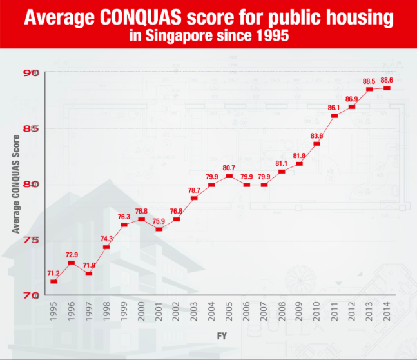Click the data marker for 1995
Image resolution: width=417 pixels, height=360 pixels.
53,281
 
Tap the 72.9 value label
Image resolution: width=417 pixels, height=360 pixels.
71,255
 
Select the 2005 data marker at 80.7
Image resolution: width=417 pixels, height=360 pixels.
229,176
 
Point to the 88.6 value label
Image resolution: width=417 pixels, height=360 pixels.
387,81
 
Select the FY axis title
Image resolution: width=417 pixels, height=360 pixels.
220,337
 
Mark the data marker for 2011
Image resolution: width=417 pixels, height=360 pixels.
335,116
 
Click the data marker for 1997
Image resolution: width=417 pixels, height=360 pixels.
88,274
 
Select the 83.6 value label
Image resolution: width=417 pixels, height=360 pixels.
316,135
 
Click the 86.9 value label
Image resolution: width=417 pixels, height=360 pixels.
352,99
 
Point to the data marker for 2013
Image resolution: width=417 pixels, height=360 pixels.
369,89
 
